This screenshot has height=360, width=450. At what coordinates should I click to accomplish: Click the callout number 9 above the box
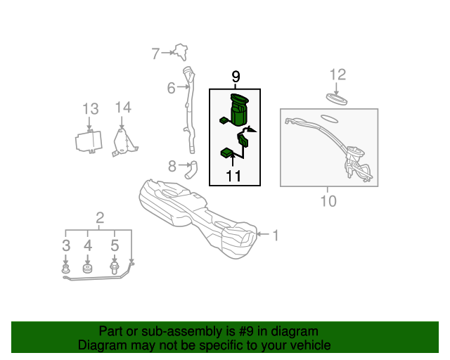pyautogui.click(x=236, y=77)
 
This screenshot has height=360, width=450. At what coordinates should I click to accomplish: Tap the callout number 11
pyautogui.click(x=233, y=176)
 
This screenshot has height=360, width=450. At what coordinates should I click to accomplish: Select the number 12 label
pyautogui.click(x=337, y=75)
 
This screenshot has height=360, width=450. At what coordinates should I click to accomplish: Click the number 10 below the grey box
pyautogui.click(x=328, y=201)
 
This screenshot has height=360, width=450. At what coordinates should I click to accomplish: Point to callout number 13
pyautogui.click(x=91, y=109)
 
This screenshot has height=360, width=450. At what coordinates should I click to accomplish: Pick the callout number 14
pyautogui.click(x=123, y=108)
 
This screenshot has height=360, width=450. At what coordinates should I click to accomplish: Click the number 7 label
pyautogui.click(x=155, y=53)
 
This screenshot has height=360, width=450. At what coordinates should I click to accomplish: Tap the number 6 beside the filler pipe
pyautogui.click(x=171, y=88)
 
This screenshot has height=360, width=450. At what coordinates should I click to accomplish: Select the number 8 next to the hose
pyautogui.click(x=172, y=166)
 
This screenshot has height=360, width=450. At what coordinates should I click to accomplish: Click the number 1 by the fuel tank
pyautogui.click(x=276, y=236)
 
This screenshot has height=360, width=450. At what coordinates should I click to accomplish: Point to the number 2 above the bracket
pyautogui.click(x=100, y=218)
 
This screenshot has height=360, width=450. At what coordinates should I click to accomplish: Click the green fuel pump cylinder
pyautogui.click(x=239, y=110)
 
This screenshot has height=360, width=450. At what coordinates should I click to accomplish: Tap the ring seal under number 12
pyautogui.click(x=337, y=99)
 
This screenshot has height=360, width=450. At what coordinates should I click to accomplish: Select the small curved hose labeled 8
pyautogui.click(x=191, y=169)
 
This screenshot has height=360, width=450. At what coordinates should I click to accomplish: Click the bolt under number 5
pyautogui.click(x=115, y=267)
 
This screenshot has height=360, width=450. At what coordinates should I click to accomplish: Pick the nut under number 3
pyautogui.click(x=66, y=269)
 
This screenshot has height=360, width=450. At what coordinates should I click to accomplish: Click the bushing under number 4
pyautogui.click(x=87, y=268)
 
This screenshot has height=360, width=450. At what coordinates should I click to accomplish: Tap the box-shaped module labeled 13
pyautogui.click(x=89, y=141)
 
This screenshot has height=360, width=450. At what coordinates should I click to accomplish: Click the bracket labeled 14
pyautogui.click(x=124, y=143)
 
